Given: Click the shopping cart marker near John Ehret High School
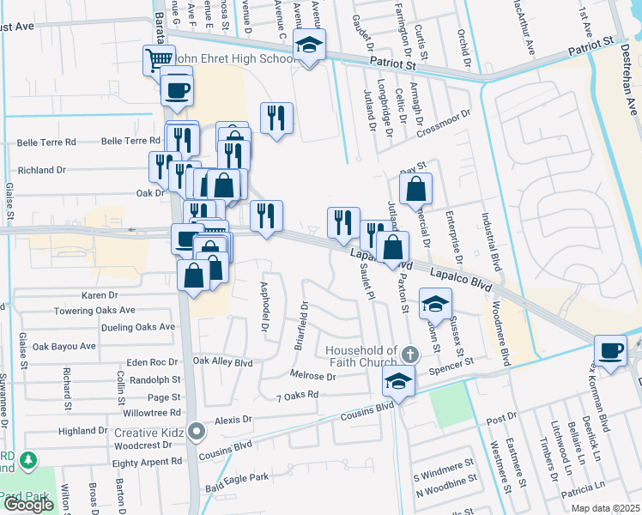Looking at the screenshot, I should tap(159, 60).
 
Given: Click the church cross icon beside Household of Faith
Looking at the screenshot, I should tap(410, 354).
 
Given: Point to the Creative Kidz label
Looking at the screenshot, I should tap(151, 432).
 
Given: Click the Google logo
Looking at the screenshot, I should tap(27, 505).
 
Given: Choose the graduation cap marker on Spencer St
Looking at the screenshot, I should tap(398, 380).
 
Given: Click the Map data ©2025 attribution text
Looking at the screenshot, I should tap(606, 508).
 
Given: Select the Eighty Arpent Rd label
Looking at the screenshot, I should tap(148, 462).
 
